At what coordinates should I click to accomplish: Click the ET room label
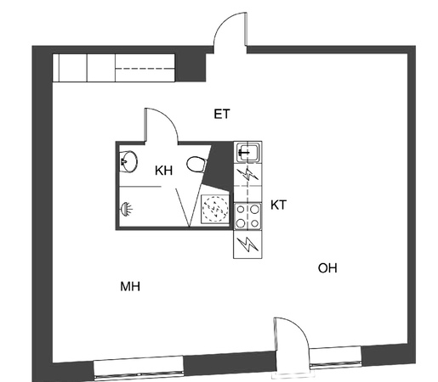pos(222,114)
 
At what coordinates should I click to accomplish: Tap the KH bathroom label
pos(164,171)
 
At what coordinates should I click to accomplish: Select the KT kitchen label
pos(278,205)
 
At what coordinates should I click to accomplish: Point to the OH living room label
pos(327,268)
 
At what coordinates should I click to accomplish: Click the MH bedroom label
pos(130,287)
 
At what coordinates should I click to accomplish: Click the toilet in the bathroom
pos(196,164)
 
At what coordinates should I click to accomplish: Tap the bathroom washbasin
pos(128,161)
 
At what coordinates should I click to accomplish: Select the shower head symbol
pos(127,210)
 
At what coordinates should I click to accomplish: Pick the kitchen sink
pos(247,153)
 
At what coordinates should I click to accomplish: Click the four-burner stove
pos(247,216)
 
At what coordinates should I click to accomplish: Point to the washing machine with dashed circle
pos(215,209)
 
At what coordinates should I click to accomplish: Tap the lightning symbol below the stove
pos(247,244)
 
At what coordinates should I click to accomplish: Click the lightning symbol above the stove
pos(247,174)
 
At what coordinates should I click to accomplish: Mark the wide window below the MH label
pos(139,367)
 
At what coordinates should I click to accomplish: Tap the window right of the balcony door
pos(335,357)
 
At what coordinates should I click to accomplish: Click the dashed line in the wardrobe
pos(145,69)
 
